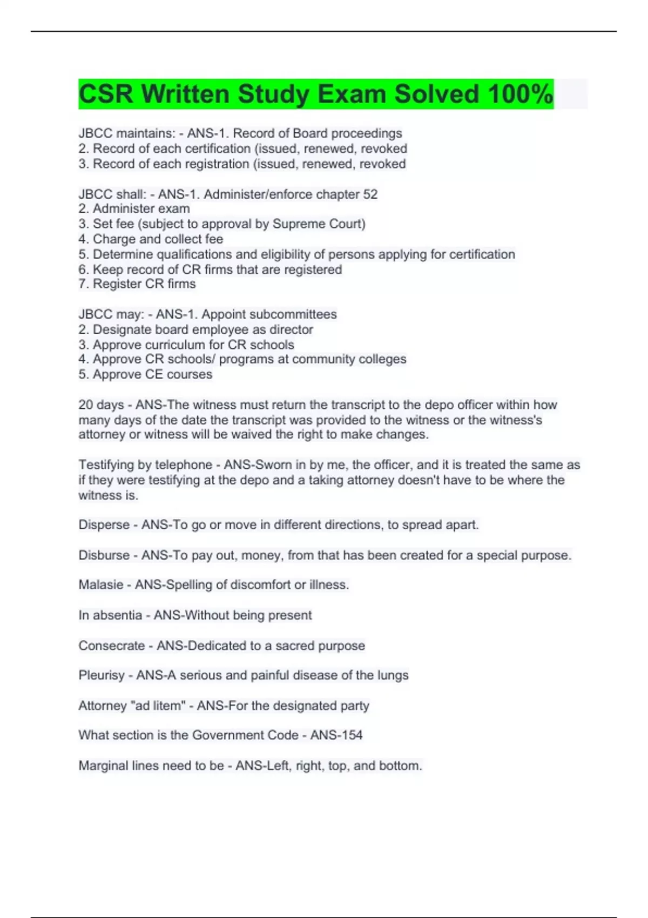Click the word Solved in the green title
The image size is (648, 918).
[x=437, y=94]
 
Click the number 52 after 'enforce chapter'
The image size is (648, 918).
[x=370, y=194]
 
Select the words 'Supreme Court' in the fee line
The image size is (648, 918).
[x=318, y=224]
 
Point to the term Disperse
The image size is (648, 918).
[x=104, y=525]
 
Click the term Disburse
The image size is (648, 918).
[x=104, y=555]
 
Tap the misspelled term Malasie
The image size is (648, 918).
[x=100, y=585]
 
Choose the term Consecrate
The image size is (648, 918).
[x=111, y=645]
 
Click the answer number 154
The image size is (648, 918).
[x=351, y=735]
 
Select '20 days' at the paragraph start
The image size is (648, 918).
[x=101, y=404]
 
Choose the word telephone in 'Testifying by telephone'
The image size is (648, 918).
[x=183, y=465]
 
